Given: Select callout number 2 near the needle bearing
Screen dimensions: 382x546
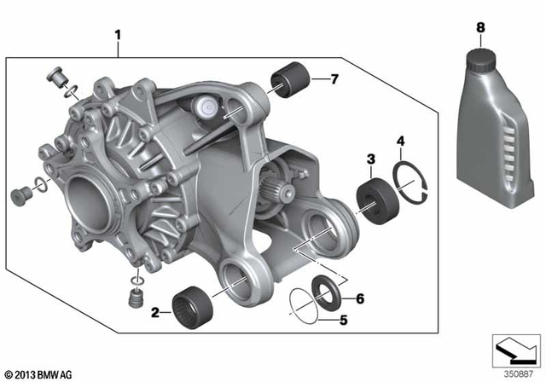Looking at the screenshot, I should [155, 313].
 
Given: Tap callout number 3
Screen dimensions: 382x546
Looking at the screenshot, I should [371, 159].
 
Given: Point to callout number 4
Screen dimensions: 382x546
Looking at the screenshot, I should [400, 141].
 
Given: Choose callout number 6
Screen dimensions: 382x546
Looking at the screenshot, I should [360, 298].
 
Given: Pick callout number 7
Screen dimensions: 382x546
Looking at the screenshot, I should [334, 80].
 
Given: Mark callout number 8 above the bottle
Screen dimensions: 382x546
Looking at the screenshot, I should [481, 28].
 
